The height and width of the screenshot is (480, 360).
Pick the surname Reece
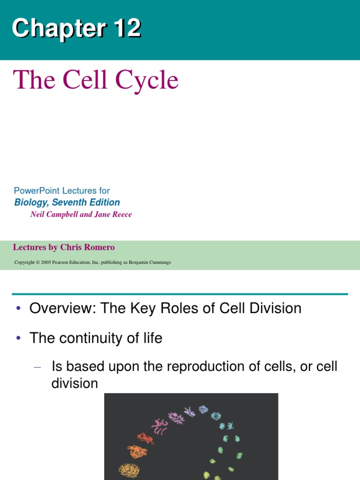tap(121, 214)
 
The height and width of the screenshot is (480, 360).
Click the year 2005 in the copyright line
tap(45, 262)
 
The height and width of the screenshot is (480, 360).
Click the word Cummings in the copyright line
tap(159, 262)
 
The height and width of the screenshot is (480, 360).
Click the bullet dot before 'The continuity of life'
tap(18, 338)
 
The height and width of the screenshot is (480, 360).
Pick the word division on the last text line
tap(75, 383)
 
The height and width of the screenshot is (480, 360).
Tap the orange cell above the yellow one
tap(137, 452)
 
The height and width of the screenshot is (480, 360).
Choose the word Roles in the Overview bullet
tap(178, 308)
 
